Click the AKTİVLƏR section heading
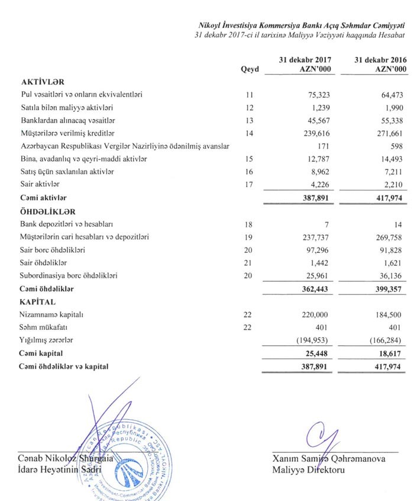(42, 81)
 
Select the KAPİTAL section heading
(38, 302)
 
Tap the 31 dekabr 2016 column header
(381, 65)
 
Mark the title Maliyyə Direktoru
(308, 470)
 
